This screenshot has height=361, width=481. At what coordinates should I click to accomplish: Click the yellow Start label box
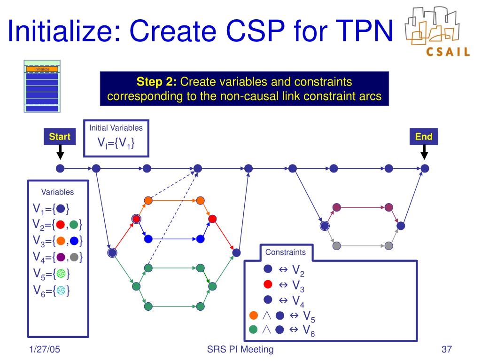[x=60, y=137]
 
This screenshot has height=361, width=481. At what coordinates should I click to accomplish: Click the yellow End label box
[x=424, y=137]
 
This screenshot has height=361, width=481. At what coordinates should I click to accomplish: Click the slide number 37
[x=446, y=349]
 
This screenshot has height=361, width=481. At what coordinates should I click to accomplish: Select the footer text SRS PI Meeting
[x=240, y=349]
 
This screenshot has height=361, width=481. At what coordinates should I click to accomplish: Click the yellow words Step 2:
[x=156, y=82]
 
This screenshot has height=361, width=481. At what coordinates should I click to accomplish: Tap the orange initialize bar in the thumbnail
[x=42, y=69]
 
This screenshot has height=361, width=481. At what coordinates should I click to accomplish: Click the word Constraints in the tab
[x=285, y=252]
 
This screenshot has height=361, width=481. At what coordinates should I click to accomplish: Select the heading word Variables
[x=57, y=192]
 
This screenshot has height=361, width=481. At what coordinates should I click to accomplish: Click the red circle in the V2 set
[x=60, y=225]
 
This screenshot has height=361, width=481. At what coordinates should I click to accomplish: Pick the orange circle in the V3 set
[x=60, y=241]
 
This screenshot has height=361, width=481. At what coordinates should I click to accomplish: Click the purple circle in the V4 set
[x=60, y=257]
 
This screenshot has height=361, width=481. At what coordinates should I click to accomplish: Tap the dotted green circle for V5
[x=60, y=274]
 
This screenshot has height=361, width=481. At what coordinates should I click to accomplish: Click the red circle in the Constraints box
[x=268, y=284]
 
